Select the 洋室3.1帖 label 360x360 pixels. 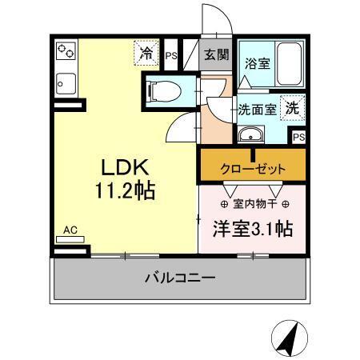251,228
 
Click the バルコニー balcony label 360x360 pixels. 179,278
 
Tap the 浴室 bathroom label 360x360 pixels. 256,62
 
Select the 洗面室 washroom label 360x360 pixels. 255,108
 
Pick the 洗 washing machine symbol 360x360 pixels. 294,106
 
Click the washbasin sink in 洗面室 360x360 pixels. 252,134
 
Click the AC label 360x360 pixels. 70,229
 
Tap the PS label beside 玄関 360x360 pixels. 171,55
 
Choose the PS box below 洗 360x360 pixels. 298,137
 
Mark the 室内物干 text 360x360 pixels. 250,203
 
